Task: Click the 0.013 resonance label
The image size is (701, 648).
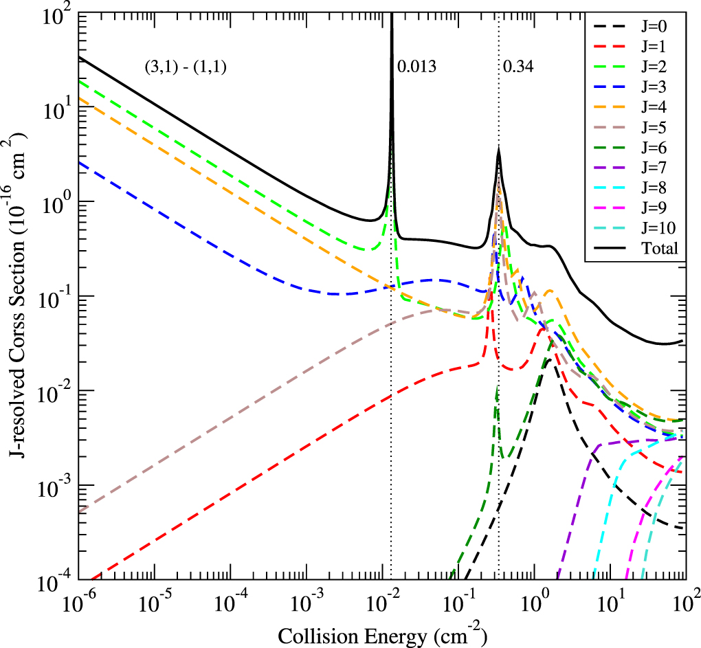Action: coord(416,67)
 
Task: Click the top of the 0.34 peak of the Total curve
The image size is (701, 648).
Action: coord(498,149)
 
